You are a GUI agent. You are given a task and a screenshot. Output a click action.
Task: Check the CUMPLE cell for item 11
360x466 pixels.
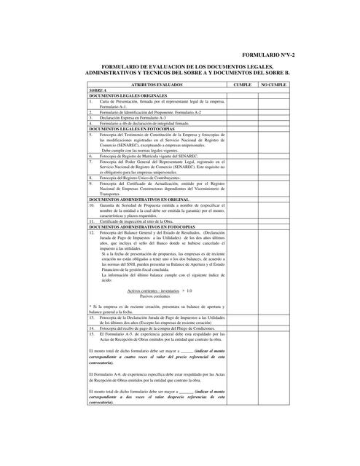coord(240,221)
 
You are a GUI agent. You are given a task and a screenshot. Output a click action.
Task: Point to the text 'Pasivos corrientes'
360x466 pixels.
coord(154,296)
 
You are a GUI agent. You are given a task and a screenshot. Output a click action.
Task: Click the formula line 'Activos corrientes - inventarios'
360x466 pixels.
coord(155,290)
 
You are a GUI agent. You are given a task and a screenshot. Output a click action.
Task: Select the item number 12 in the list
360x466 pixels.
coord(92,232)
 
